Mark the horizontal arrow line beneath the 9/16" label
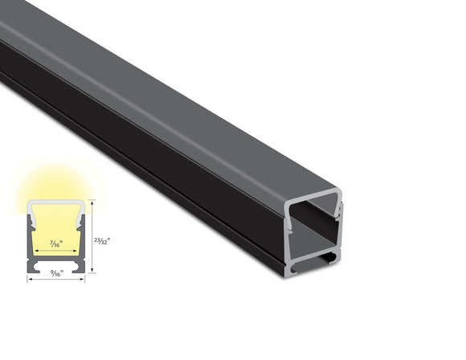pos(56,279)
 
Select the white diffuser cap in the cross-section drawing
pos(56,202)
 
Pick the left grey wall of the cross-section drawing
pos(31,237)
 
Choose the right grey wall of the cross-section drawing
pos(83,237)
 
